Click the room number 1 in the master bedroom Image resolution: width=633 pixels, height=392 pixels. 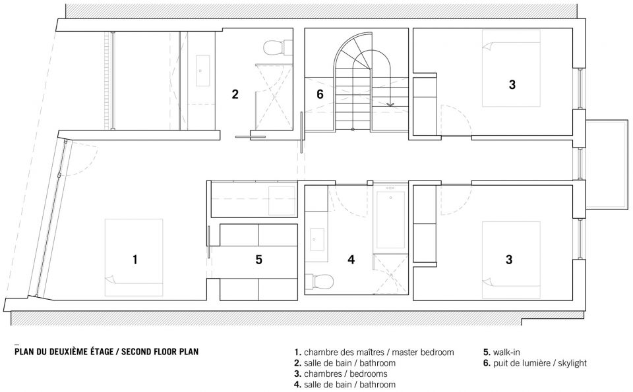click(135, 260)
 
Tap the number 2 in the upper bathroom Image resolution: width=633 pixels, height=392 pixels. click(235, 94)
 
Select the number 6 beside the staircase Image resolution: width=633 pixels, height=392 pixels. click(320, 94)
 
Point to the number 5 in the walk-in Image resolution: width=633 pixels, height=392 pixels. click(258, 260)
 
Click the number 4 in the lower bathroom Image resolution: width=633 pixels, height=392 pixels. click(351, 260)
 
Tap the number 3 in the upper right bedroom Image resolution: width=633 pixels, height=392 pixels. click(512, 85)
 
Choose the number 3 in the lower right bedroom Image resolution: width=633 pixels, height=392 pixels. click(509, 260)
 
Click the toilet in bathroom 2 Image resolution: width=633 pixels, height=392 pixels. click(278, 47)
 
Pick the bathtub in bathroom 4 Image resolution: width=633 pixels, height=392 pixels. click(390, 220)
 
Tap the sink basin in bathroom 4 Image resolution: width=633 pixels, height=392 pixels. click(317, 240)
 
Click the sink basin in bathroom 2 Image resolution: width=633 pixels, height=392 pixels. click(202, 70)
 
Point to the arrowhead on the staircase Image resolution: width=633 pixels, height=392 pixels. click(390, 104)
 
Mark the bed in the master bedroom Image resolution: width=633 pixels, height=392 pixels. click(134, 258)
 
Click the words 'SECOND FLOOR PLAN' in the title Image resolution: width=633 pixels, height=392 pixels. click(160, 351)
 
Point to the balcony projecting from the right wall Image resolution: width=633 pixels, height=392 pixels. click(607, 165)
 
